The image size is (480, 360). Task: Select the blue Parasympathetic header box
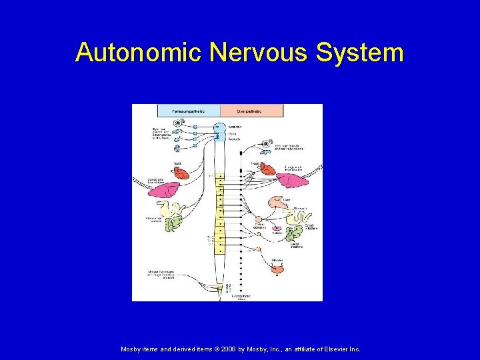(189, 111)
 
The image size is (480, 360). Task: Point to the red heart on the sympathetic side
(268, 169)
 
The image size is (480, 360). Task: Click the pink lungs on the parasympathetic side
(164, 191)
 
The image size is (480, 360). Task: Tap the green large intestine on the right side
(293, 234)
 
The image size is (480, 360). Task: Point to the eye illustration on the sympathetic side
(267, 143)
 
